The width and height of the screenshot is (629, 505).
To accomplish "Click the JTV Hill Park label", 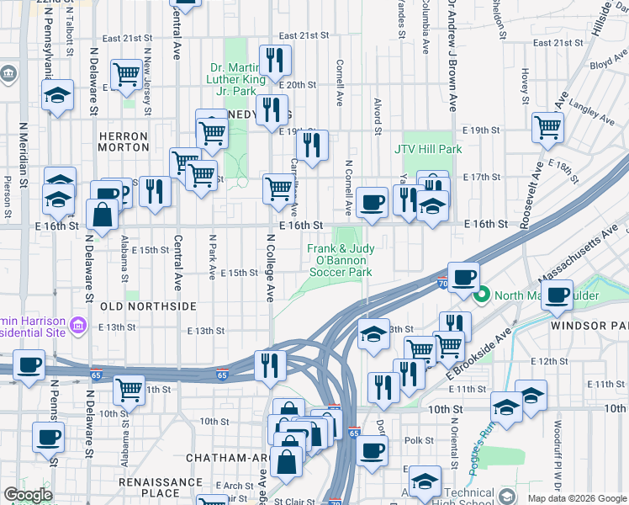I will tap(429, 149).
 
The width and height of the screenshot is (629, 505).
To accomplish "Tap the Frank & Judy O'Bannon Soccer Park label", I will tap(340, 261).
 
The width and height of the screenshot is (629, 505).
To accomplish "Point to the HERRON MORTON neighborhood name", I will tap(123, 141).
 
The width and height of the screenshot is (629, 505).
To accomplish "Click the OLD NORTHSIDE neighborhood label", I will tap(148, 306).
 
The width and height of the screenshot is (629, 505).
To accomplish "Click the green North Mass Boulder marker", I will tap(483, 295).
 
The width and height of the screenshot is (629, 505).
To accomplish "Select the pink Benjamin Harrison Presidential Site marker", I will tap(77, 324).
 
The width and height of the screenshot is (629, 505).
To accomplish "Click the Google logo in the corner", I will tap(29, 495).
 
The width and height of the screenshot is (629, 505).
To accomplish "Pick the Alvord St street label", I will tap(378, 115).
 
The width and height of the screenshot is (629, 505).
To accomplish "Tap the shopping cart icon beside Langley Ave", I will tap(547, 128).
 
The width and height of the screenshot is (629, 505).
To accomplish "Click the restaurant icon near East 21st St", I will tap(274, 60).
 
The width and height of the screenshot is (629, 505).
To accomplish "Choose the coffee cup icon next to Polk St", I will tap(371, 449).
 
